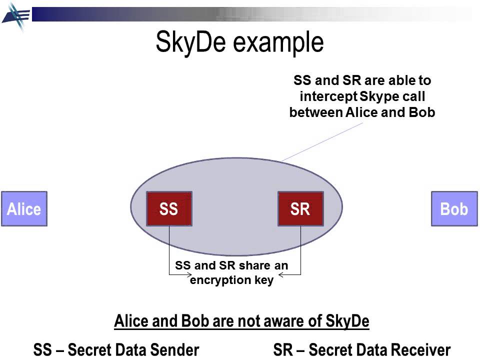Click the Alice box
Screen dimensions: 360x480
(x=24, y=208)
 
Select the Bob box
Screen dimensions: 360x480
(x=454, y=208)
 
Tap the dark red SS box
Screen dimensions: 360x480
(x=168, y=208)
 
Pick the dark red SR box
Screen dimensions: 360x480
(x=300, y=208)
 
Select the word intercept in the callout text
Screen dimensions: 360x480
(x=326, y=96)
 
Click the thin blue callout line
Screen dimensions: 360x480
(x=322, y=142)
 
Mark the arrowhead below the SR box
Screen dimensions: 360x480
(x=281, y=274)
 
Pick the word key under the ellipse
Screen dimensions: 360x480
(x=264, y=280)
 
